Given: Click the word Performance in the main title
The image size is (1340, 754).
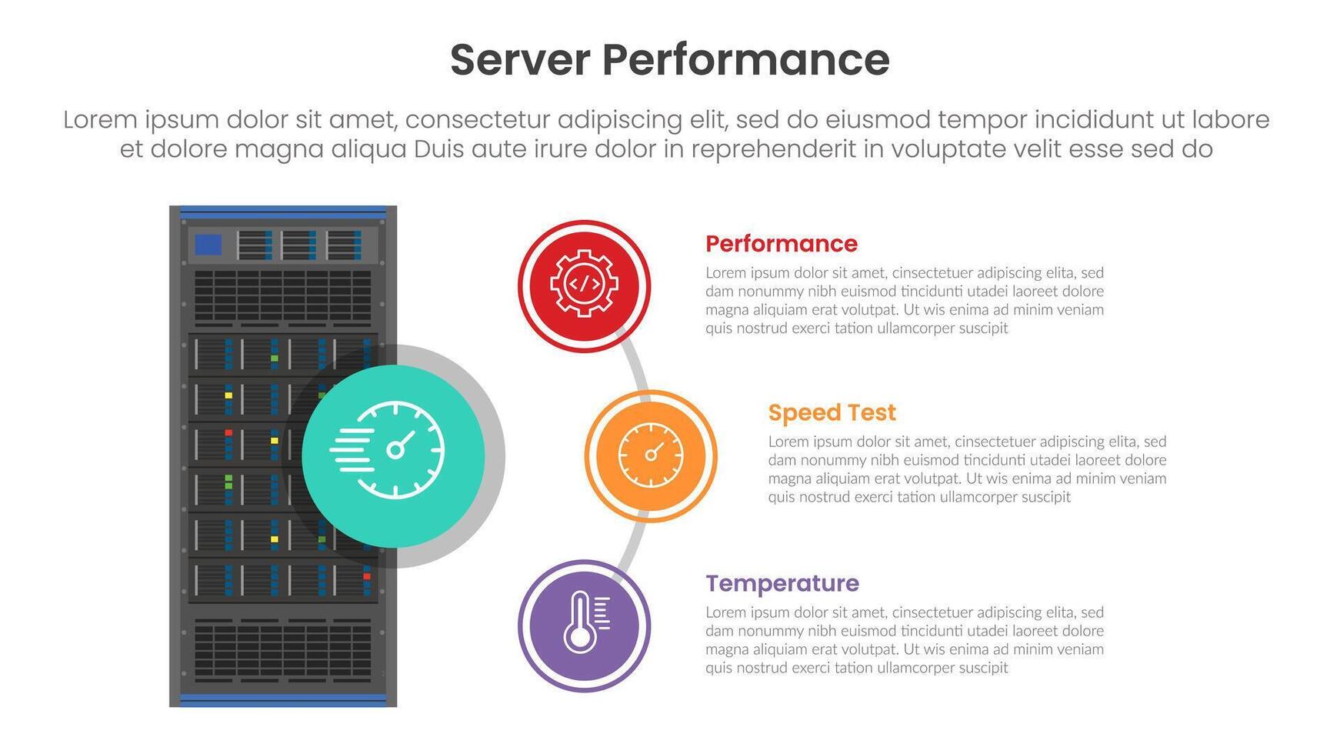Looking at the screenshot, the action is pos(745,60).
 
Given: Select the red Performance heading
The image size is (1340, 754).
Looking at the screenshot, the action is pos(781,244).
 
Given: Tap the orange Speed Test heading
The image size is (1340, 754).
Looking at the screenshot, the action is pos(832,413).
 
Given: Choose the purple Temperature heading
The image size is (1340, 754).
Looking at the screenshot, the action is pos(782,584).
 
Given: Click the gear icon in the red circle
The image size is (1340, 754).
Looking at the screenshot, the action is pos(584,284).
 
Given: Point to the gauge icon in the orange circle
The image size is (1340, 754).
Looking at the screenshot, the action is pos(651,455).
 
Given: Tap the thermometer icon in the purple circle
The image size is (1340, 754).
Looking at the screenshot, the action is pos(585,625).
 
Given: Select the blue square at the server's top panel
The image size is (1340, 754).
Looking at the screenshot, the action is pos(208,245).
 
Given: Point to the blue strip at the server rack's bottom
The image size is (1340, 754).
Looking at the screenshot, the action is pos(282,699).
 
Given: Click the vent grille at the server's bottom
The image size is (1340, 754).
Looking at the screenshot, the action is pos(282,650).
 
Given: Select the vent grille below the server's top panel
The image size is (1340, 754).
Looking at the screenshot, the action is pos(282,295).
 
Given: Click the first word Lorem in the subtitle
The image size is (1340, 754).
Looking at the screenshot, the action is pos(100,120).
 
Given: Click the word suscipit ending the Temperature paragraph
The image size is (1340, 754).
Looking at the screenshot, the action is pos(982,668).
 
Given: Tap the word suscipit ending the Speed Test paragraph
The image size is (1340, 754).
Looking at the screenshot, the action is pos(1044,497).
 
